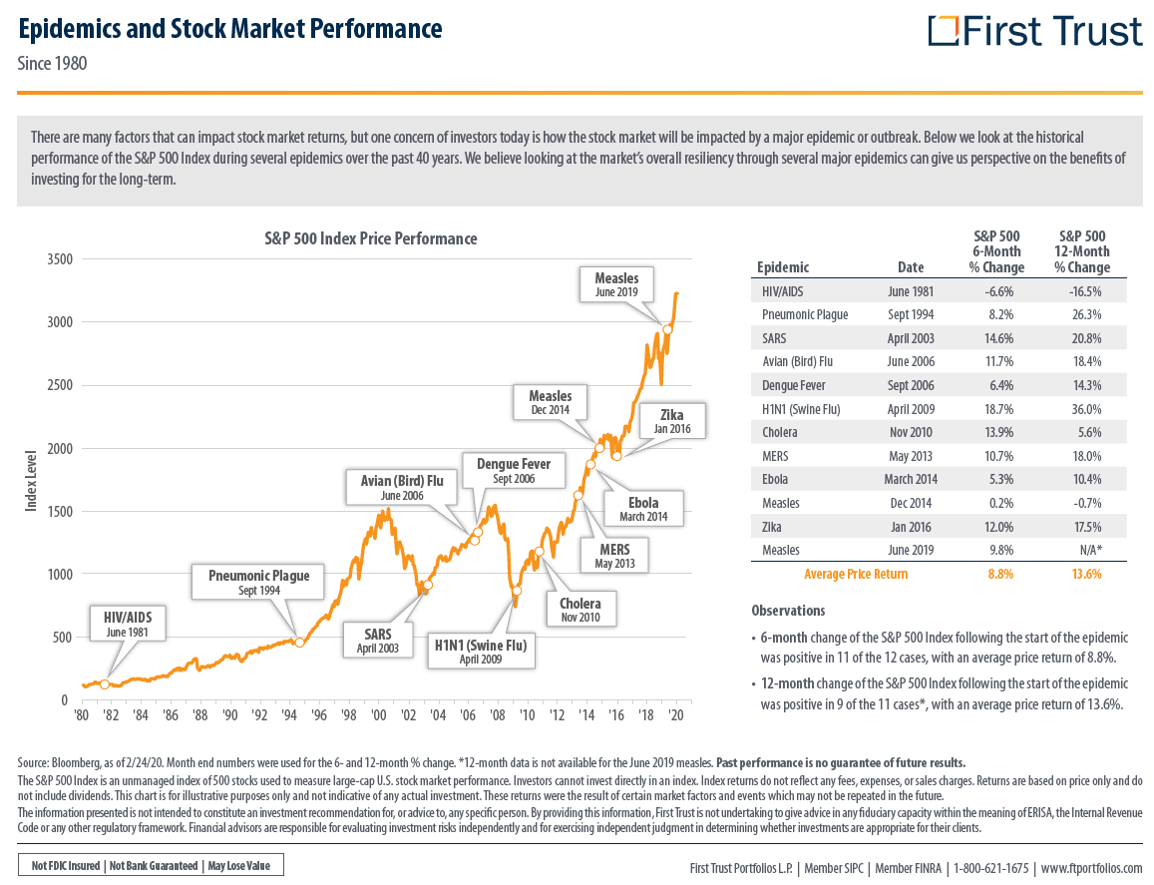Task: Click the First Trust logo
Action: click(x=1034, y=31)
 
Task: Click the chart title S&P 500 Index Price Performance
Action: click(x=371, y=238)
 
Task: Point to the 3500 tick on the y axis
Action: click(x=60, y=259)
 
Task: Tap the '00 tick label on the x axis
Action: click(x=378, y=715)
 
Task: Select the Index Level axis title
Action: click(x=31, y=480)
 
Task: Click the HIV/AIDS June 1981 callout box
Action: click(x=128, y=624)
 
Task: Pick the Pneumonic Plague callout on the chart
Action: click(x=259, y=582)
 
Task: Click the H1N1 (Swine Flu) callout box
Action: click(x=481, y=652)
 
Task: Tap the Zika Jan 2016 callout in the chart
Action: click(x=672, y=421)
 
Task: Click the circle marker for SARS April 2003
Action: click(x=428, y=586)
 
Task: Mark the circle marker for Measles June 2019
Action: click(x=667, y=330)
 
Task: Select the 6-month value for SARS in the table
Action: click(x=998, y=338)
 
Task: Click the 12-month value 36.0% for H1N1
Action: click(x=1086, y=409)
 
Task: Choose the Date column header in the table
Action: click(x=911, y=267)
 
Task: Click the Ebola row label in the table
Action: click(x=775, y=479)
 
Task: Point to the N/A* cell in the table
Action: click(x=1088, y=550)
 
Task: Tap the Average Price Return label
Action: click(x=856, y=575)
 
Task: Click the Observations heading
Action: click(x=788, y=611)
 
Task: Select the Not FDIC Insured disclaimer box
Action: click(x=151, y=866)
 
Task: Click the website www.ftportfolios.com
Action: click(x=1091, y=869)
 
